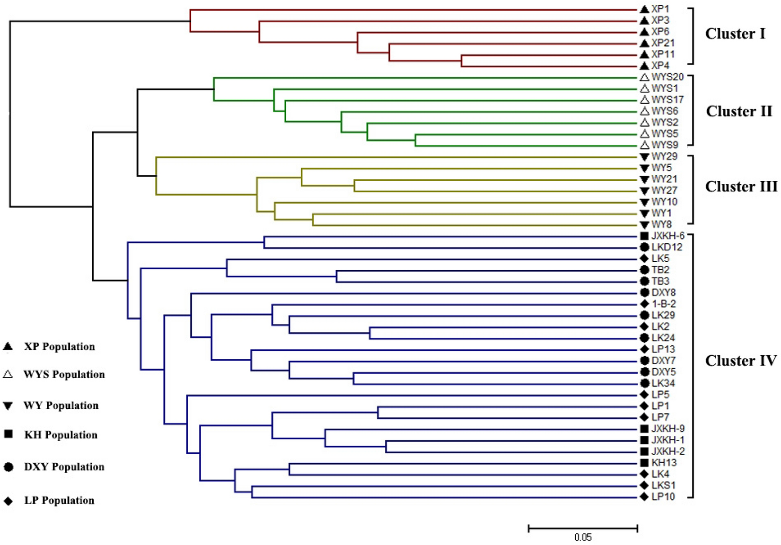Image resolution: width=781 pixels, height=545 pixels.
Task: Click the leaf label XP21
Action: point(663,43)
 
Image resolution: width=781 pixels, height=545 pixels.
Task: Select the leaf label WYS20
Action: point(667,77)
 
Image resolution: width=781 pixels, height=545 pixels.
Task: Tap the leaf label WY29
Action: point(664,156)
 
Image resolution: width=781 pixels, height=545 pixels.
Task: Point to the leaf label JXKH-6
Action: point(668,236)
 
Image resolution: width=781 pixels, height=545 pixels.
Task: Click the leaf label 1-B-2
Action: point(664,304)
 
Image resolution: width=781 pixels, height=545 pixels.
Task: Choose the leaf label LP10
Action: point(663,497)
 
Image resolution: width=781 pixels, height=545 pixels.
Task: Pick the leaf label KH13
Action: point(664,463)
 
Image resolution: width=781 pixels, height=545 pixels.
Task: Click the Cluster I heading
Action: point(735,34)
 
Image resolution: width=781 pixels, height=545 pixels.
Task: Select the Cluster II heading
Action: point(739,111)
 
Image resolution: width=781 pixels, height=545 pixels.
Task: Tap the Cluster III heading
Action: point(741,187)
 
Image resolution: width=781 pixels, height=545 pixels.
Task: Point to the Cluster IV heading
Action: point(741,361)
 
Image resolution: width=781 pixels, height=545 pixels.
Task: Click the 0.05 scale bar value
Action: point(583,537)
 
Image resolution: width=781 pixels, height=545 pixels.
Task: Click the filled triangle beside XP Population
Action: point(8,347)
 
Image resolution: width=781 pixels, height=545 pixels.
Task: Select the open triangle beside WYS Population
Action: point(8,375)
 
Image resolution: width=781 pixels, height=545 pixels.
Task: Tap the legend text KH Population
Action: point(61,435)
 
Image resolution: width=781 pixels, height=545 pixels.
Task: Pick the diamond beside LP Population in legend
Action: point(8,501)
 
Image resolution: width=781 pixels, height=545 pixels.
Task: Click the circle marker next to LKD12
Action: point(644,247)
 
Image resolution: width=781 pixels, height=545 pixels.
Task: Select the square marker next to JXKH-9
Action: point(644,429)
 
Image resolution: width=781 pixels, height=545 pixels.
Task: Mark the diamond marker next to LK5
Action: point(644,258)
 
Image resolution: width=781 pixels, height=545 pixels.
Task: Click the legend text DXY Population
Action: point(64,467)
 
